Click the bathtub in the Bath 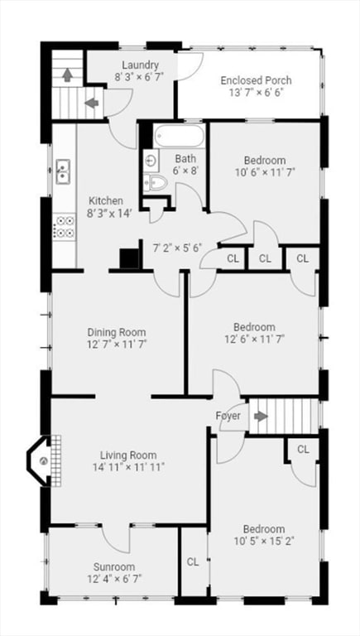180,137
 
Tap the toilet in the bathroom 155,183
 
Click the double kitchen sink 63,171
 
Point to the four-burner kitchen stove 65,227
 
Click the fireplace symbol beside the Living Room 44,460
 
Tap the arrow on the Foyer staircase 261,417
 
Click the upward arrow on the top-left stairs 67,75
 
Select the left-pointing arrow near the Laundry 92,103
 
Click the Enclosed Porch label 256,80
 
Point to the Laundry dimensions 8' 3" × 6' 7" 140,77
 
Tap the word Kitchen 105,200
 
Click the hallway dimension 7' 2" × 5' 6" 178,247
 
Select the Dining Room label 117,333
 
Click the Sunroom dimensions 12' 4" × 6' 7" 114,578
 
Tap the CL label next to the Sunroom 193,561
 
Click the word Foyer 228,417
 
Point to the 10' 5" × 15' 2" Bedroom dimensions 264,541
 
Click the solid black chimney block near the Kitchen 130,258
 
